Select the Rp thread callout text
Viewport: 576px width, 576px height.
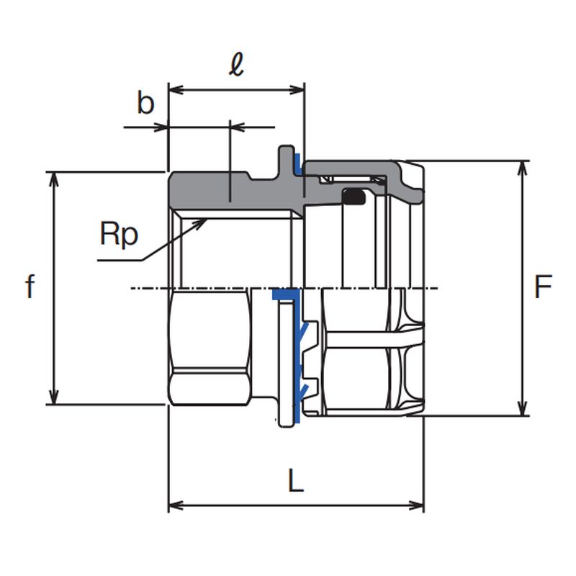119,234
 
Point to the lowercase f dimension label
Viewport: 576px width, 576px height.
30,287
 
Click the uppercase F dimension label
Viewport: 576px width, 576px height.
543,288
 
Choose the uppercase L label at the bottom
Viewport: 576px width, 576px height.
295,481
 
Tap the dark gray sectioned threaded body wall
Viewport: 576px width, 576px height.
209,189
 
